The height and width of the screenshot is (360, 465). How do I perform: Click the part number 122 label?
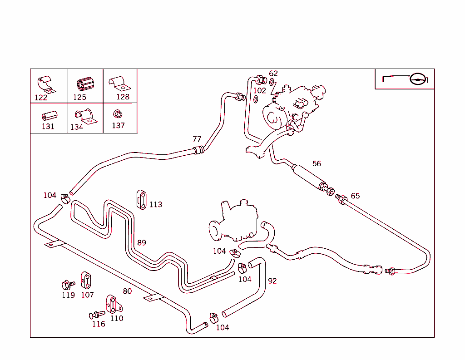click(41, 98)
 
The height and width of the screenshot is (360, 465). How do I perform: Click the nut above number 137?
click(117, 113)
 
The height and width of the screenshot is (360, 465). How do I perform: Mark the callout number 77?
click(197, 139)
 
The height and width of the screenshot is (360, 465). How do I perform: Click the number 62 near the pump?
click(273, 74)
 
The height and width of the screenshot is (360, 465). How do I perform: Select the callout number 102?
click(259, 90)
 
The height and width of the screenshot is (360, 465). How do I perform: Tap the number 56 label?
click(317, 163)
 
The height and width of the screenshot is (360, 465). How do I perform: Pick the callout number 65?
click(355, 196)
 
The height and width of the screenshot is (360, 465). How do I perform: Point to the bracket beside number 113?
click(141, 200)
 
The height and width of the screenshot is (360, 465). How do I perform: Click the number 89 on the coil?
click(142, 242)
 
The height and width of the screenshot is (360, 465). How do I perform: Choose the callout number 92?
click(272, 281)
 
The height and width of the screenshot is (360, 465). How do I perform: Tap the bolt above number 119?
click(68, 285)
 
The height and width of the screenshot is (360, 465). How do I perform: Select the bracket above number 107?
click(86, 280)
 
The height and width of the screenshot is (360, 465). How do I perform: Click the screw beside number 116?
click(97, 315)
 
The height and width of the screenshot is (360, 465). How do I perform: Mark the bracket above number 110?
click(112, 303)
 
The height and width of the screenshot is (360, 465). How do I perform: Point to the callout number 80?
click(127, 291)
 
